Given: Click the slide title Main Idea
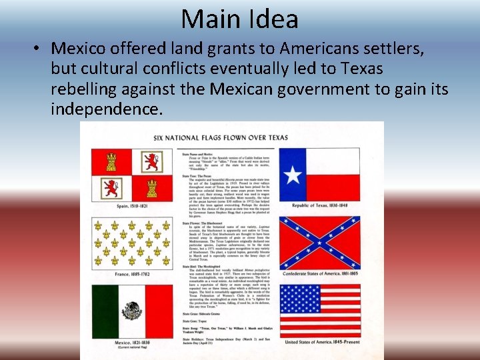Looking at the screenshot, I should click(239, 19).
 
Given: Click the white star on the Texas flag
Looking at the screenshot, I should click(292, 174).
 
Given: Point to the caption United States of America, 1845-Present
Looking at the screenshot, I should click(323, 343).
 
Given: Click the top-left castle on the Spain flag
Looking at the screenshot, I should click(111, 161).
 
